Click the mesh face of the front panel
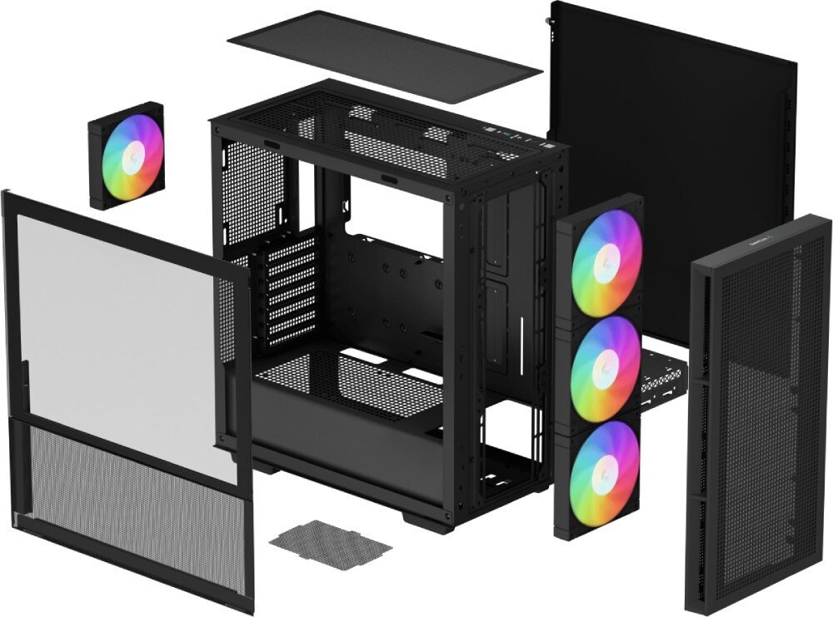754,416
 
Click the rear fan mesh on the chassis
250,192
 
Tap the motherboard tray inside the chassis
383,283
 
